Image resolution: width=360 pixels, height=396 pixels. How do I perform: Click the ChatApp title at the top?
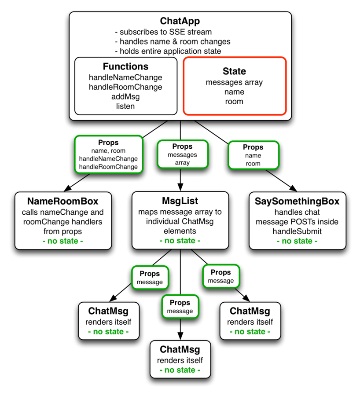point(180,21)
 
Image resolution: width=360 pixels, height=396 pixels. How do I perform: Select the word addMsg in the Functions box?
point(125,97)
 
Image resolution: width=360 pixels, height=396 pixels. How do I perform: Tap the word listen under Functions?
point(125,106)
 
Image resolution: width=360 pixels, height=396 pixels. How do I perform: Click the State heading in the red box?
point(234,71)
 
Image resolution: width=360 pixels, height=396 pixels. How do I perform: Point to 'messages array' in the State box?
point(234,83)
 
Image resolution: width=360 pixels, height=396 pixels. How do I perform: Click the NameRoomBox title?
point(62,201)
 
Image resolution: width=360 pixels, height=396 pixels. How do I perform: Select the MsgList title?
point(180,201)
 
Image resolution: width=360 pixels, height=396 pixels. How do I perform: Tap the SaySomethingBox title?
point(297,201)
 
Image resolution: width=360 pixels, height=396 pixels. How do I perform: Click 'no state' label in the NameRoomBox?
point(62,241)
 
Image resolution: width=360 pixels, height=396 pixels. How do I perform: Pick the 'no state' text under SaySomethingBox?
point(297,241)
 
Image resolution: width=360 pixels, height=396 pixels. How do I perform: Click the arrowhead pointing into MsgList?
point(180,187)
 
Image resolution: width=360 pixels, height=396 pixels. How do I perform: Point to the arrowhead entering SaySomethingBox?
point(293,188)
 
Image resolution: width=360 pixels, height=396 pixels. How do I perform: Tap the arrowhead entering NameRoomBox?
point(68,188)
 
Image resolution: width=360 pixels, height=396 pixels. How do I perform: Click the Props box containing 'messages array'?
point(182,154)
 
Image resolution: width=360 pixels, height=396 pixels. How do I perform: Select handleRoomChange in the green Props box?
point(108,167)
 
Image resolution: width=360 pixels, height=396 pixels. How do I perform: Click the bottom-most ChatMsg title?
point(180,349)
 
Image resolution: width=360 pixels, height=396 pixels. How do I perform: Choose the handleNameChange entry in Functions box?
point(125,77)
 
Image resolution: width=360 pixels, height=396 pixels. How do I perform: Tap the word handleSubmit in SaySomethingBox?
point(297,231)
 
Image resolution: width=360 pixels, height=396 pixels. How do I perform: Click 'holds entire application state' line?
point(168,51)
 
